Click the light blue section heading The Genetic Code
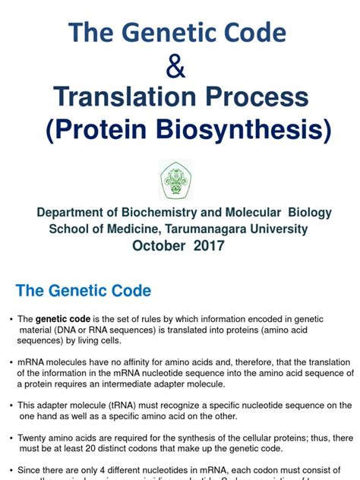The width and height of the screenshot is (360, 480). (84, 291)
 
